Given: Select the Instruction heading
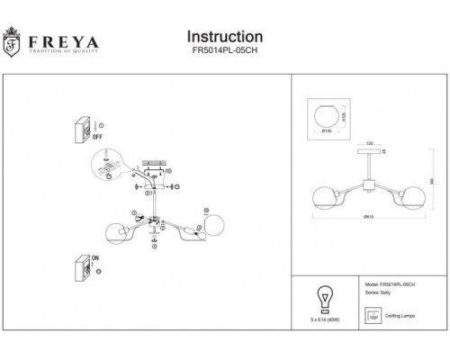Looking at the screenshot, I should coord(224,36).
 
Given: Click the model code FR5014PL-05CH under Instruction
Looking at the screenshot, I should coord(224,53).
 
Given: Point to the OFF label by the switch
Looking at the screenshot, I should coord(99,139).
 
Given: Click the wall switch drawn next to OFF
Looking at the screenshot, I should coord(84,130).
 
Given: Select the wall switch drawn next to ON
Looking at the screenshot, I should coord(82,268).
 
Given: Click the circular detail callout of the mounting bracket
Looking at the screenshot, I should coord(108,167).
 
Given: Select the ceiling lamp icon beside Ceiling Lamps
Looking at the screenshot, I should coord(371,316).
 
